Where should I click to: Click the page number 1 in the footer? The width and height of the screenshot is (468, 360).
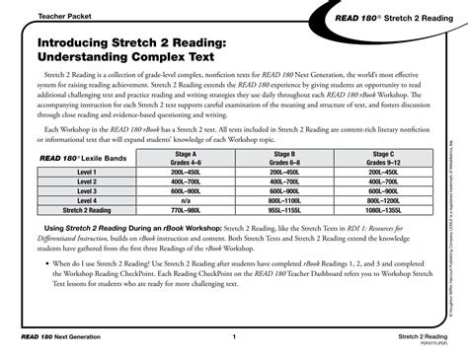[235, 336]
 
